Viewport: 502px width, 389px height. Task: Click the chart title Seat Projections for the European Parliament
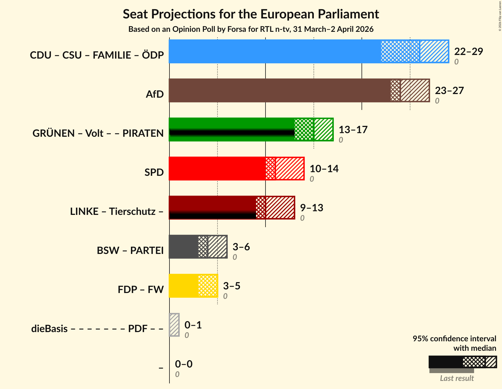coord(251,14)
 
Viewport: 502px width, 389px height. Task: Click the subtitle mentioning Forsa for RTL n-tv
coord(251,29)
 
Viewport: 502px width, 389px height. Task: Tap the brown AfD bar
coord(279,90)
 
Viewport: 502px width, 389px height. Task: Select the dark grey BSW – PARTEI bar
coord(183,247)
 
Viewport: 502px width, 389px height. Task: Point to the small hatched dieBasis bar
coord(174,325)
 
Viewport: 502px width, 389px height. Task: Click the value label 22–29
coord(468,51)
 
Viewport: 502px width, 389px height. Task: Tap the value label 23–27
coord(449,90)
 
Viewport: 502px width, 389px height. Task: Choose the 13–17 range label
coord(353,129)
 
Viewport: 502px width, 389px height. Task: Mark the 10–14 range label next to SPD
coord(324,169)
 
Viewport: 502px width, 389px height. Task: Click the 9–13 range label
coord(311,208)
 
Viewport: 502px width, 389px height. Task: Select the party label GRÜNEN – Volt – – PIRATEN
coord(98,133)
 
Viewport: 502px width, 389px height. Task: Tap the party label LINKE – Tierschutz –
coord(117,212)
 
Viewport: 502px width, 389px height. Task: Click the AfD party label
coord(155,94)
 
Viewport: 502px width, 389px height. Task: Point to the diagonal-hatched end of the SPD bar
coord(290,169)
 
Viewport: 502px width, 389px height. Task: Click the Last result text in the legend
coord(457,378)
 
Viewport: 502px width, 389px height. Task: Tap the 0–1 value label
coord(193,325)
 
